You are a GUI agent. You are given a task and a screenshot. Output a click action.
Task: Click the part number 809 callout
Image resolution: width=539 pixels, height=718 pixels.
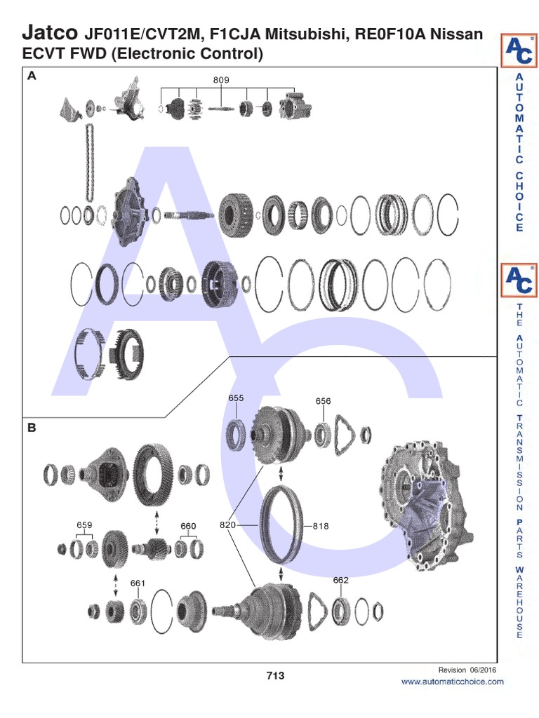coord(221,80)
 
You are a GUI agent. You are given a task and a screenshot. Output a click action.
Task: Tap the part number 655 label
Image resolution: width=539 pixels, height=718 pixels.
coord(236,398)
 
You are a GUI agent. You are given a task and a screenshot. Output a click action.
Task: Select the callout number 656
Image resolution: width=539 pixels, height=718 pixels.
coord(323,401)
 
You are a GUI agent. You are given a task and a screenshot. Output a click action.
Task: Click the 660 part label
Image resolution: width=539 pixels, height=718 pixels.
coord(188,526)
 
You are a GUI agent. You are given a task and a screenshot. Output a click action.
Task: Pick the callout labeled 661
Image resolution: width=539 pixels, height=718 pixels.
coord(138,583)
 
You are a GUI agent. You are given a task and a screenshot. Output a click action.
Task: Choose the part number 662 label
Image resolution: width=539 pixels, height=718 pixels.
coord(341,580)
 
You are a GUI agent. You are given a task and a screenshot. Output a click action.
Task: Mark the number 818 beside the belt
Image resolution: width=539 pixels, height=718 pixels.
coord(321,525)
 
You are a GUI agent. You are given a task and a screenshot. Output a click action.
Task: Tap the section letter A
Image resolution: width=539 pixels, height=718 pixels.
coord(31,78)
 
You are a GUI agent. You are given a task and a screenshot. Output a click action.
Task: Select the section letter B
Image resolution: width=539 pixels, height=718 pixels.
coord(31,426)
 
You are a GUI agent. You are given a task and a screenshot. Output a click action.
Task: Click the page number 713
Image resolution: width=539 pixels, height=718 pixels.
coord(275,676)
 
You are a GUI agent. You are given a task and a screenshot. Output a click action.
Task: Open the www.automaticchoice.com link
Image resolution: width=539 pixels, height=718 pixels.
coord(452,682)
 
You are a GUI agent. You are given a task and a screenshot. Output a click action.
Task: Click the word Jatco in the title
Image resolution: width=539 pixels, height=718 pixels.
coord(51,32)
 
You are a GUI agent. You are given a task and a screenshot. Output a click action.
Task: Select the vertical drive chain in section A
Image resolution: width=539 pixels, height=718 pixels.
coord(89,161)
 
